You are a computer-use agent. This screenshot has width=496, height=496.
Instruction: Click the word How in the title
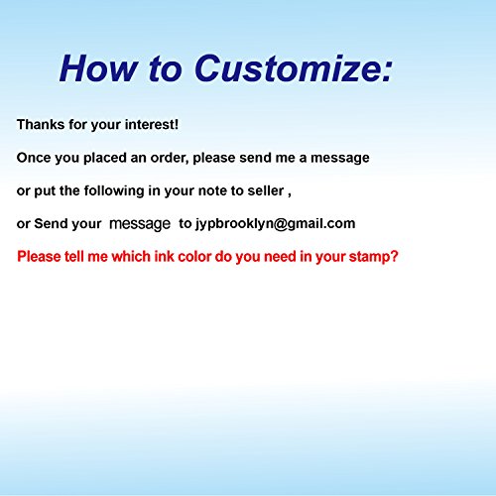point(98,68)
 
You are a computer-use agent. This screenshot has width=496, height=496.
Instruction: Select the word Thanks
point(41,125)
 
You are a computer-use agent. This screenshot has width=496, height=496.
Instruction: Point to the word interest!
point(152,125)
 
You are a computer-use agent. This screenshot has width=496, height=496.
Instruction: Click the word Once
point(34,158)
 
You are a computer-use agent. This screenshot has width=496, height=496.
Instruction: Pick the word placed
point(105,158)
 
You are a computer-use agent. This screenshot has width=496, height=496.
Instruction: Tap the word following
point(114,191)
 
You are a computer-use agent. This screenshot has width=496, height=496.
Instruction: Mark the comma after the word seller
point(290,195)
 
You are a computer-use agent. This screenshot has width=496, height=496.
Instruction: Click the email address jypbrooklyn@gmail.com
point(275,224)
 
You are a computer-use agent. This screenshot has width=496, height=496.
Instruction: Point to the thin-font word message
point(140,224)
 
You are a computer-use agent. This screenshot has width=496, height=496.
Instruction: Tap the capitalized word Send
point(51,224)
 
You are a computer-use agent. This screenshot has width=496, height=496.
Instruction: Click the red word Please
point(39,257)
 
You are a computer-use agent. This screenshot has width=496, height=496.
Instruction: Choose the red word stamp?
point(373,257)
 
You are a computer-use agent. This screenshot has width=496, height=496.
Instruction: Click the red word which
point(131,257)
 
